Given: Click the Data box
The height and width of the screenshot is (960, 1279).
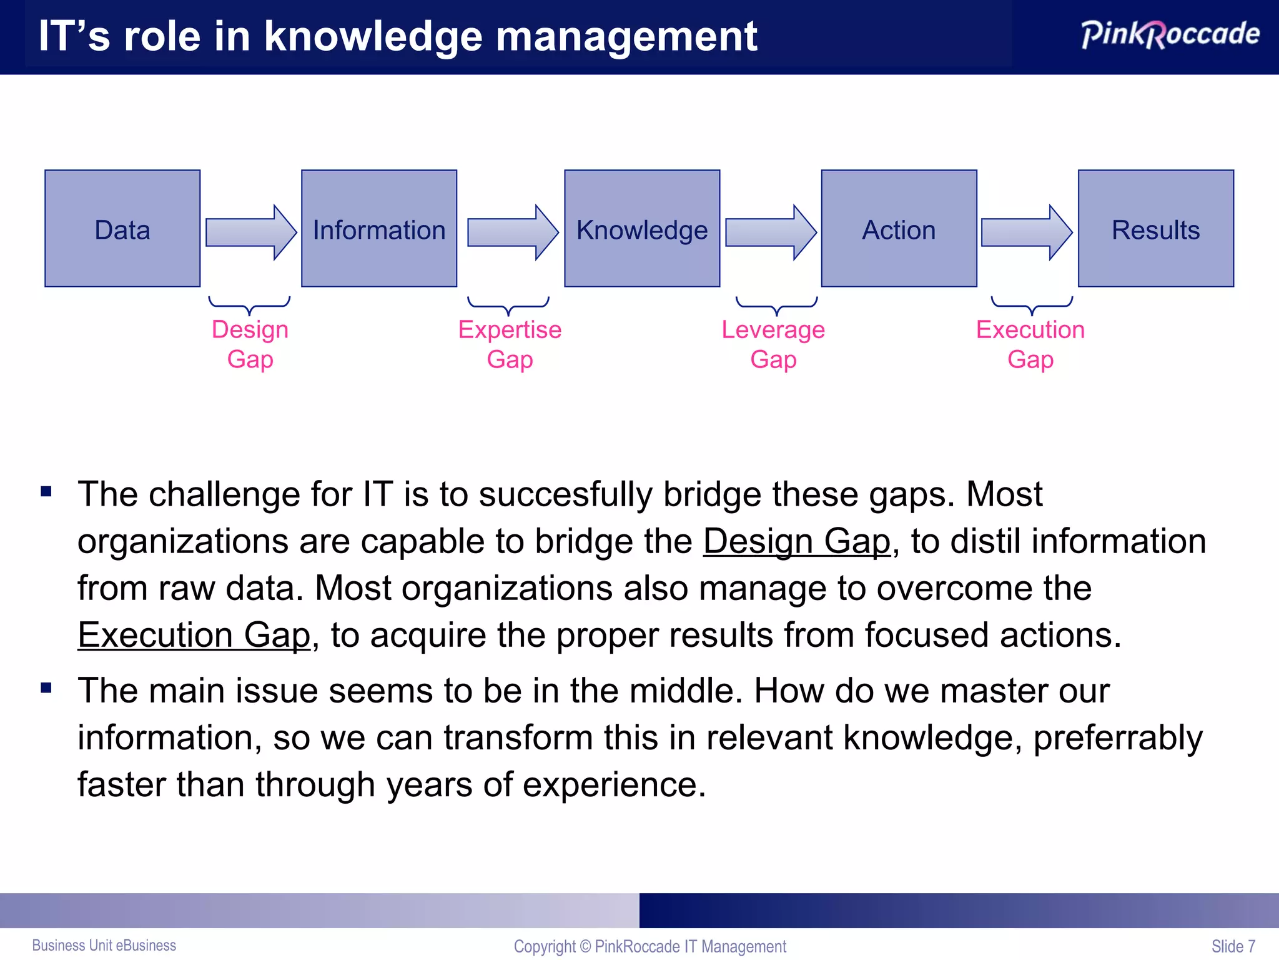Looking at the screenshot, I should click(x=122, y=229).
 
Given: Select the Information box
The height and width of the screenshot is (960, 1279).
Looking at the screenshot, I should click(x=379, y=229).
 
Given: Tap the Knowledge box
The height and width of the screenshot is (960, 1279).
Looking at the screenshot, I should click(x=642, y=229).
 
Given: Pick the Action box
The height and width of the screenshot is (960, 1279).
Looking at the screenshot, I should click(x=899, y=229).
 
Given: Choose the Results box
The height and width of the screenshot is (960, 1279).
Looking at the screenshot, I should click(x=1155, y=229).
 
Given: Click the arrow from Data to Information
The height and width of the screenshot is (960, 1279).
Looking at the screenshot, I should click(x=250, y=232).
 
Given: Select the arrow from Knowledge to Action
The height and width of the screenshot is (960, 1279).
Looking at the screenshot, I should click(x=771, y=232).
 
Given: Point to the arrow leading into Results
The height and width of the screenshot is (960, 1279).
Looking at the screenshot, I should click(x=1027, y=232).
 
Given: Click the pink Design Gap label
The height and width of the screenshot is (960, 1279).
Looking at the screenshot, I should click(x=250, y=344).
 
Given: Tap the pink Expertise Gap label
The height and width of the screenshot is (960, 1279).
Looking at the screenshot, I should click(x=510, y=344).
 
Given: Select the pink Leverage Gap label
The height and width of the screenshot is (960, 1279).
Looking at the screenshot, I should click(x=773, y=344).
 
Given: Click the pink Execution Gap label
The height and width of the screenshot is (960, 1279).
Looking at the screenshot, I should click(x=1030, y=344).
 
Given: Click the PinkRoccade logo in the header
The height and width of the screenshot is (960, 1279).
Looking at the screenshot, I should click(x=1170, y=34).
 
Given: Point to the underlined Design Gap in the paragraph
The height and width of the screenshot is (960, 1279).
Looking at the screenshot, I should click(x=796, y=541).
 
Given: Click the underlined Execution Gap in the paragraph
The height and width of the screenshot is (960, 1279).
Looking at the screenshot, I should click(x=194, y=635).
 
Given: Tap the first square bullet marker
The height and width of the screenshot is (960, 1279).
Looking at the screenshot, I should click(x=46, y=492).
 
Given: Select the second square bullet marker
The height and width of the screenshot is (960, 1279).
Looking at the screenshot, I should click(x=46, y=688).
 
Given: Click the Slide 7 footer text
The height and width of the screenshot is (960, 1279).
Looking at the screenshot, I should click(x=1233, y=946).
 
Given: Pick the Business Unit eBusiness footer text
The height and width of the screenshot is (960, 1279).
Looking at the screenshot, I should click(x=104, y=945).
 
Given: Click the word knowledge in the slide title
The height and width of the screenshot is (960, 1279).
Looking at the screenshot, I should click(x=373, y=36).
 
